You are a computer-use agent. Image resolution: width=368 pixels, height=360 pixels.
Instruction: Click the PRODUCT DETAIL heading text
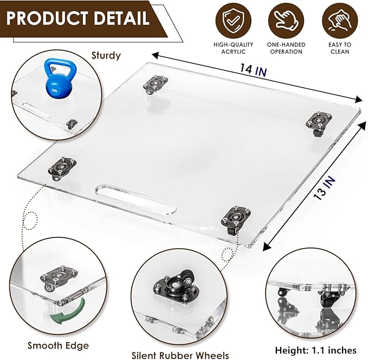[x=78, y=18]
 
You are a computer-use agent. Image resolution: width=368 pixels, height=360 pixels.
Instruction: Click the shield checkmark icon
[x=233, y=20]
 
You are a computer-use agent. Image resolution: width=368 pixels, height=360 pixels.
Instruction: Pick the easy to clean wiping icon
[x=340, y=20]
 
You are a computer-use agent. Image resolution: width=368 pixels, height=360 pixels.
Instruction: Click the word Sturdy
[x=106, y=55]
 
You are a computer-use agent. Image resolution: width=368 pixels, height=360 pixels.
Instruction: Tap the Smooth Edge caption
[x=51, y=345]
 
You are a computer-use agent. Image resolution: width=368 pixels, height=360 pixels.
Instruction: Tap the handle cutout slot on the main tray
[x=135, y=199]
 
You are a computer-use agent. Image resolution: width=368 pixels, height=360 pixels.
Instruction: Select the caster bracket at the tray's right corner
[x=317, y=120]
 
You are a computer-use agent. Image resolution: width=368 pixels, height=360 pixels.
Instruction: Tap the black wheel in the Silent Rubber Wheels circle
[x=188, y=276]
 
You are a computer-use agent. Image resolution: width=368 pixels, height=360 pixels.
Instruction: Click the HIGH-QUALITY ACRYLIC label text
[x=233, y=48]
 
